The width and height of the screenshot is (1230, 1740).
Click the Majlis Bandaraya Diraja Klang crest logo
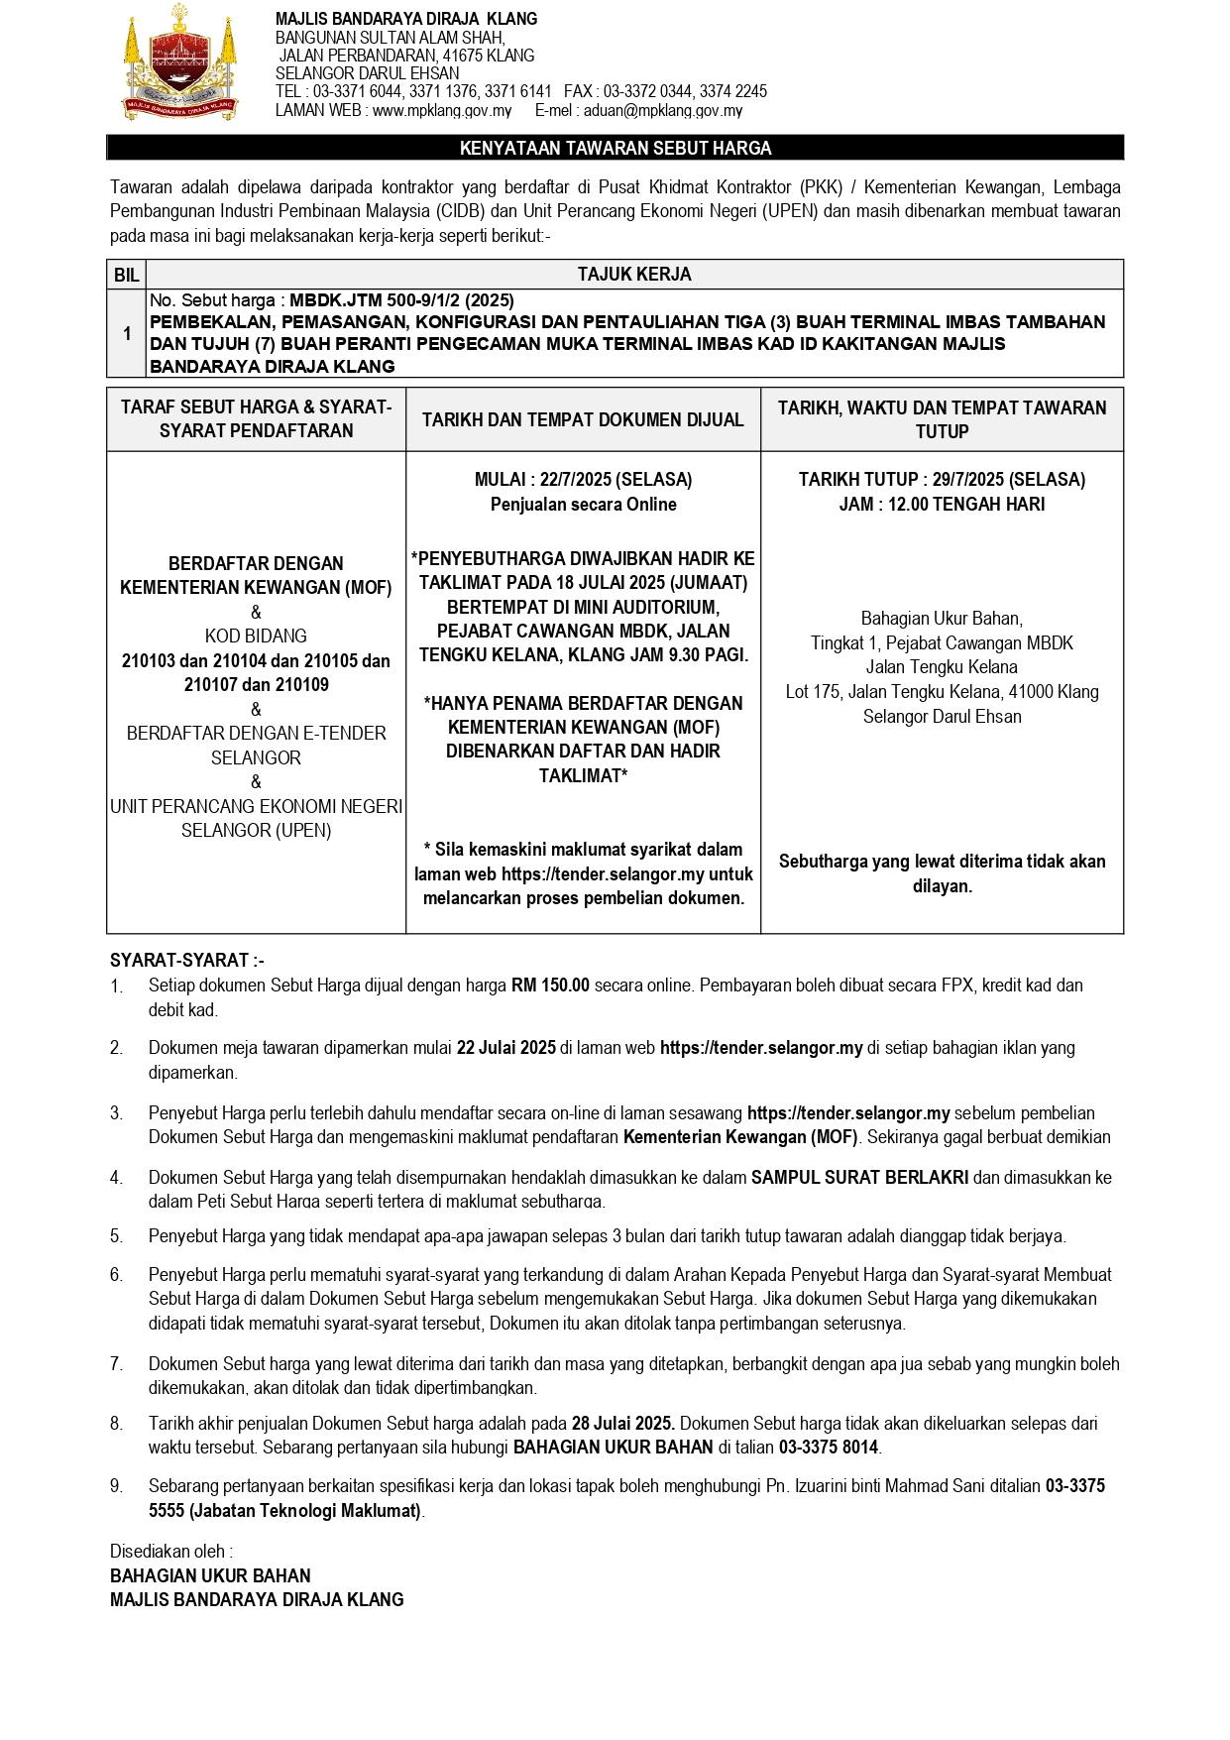181,62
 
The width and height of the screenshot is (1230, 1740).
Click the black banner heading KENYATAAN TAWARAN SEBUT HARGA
615,149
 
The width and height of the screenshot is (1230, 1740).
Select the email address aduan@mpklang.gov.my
663,111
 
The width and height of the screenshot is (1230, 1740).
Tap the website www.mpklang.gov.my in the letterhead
441,111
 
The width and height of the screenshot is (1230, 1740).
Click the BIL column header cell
127,275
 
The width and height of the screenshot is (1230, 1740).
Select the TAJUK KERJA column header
634,275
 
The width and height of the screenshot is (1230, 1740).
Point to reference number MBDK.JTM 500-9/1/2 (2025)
401,299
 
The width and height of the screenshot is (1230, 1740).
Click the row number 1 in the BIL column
127,334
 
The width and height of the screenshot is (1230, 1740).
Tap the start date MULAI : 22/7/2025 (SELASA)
583,480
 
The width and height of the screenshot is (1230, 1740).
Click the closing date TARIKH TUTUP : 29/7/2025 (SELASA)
942,480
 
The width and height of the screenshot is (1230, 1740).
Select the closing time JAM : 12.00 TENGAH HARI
942,504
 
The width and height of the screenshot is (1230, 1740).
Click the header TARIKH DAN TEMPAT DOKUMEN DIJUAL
583,419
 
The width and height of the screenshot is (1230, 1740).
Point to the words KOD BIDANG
256,637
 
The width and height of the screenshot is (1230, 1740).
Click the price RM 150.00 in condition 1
550,986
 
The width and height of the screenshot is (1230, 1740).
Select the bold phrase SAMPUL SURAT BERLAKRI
859,1178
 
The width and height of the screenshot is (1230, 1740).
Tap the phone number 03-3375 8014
829,1448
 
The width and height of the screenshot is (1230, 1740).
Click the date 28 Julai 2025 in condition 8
623,1424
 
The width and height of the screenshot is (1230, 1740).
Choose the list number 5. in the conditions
117,1236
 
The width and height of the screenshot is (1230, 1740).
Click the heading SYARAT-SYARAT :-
187,961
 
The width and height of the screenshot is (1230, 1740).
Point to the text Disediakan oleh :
171,1552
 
